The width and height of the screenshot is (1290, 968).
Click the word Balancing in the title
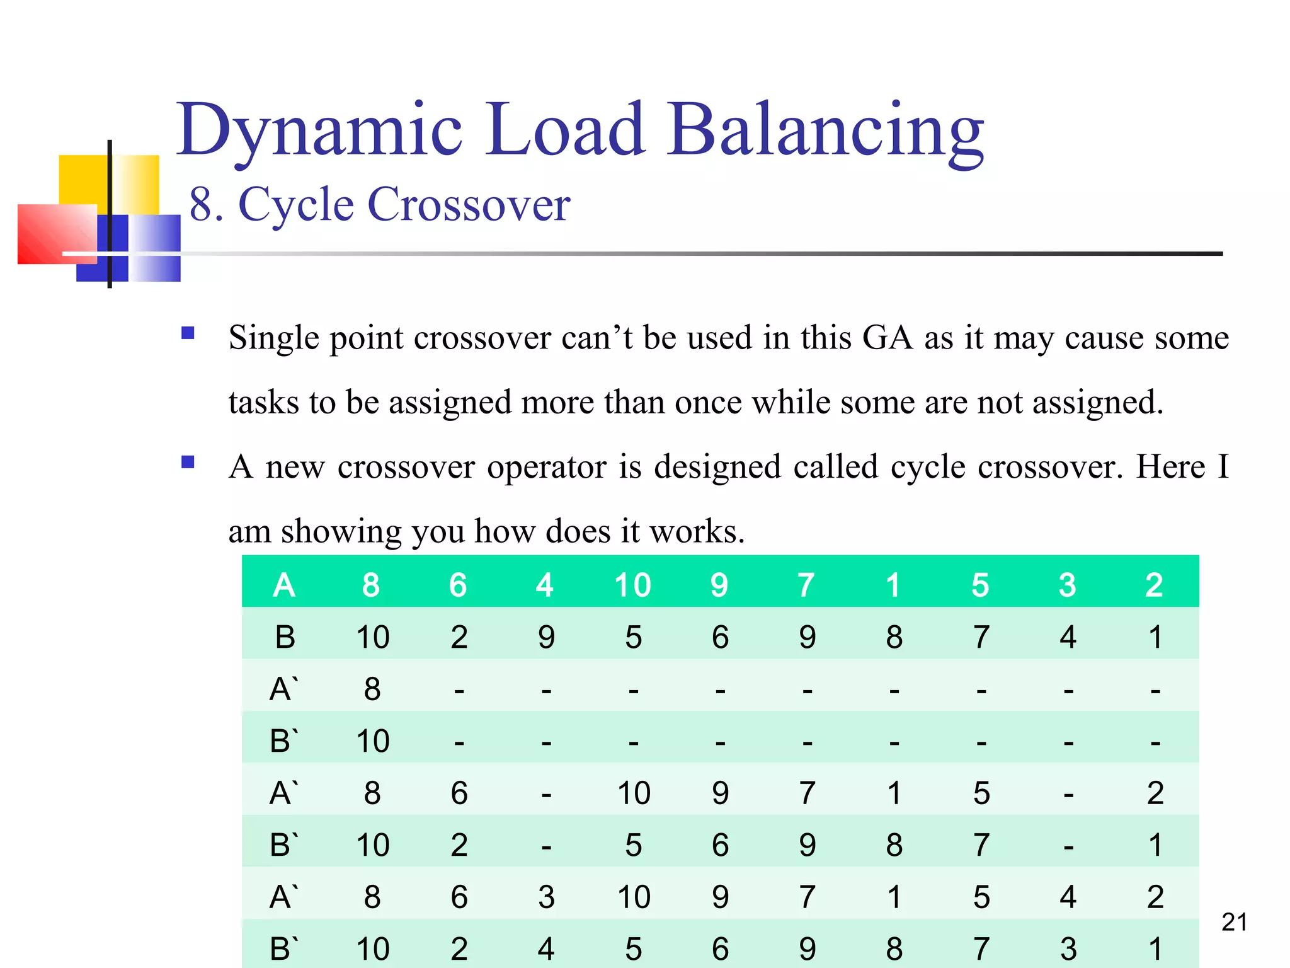tap(826, 131)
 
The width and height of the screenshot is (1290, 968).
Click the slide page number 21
tap(1234, 923)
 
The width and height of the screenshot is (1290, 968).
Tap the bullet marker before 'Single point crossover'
tap(188, 333)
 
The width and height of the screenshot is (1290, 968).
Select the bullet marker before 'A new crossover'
tap(188, 462)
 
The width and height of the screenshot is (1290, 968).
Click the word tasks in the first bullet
tap(263, 402)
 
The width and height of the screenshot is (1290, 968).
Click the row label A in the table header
tap(284, 585)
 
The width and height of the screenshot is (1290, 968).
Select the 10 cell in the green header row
tap(632, 585)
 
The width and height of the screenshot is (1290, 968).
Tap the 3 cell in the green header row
tap(1067, 585)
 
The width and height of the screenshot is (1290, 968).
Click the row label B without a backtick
tap(285, 637)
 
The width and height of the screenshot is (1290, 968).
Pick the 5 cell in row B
tap(633, 637)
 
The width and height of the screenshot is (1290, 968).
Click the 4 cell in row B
tap(1068, 637)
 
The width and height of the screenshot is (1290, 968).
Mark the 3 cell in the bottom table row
tap(1068, 948)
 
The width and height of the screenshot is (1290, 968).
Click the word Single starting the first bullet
tap(273, 338)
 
